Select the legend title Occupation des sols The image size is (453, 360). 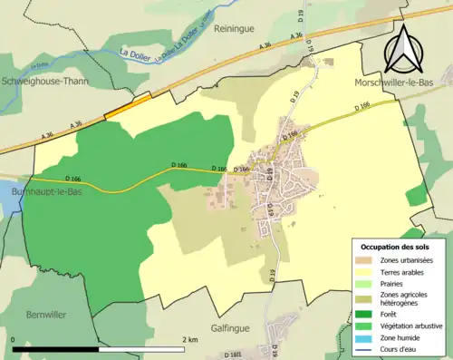coord(397,247)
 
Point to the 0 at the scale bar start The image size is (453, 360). coord(14,340)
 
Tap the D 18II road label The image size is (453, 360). coord(233,355)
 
